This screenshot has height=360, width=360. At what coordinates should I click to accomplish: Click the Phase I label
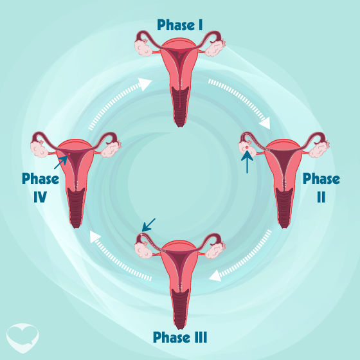pyautogui.click(x=180, y=25)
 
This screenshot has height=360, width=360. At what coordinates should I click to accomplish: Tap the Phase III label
pyautogui.click(x=180, y=337)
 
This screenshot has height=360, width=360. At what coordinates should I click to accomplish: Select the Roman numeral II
pyautogui.click(x=321, y=197)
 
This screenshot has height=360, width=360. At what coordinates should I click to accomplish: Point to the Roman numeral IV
pyautogui.click(x=40, y=197)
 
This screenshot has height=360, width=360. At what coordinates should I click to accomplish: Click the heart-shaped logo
pyautogui.click(x=22, y=337)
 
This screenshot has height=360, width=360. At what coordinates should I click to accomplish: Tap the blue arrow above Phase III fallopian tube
pyautogui.click(x=148, y=225)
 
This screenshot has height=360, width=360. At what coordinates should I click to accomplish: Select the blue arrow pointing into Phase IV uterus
pyautogui.click(x=60, y=162)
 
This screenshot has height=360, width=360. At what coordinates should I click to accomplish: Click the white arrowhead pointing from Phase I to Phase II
pyautogui.click(x=265, y=123)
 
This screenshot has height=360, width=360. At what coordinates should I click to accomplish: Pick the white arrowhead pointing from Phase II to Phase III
pyautogui.click(x=215, y=276)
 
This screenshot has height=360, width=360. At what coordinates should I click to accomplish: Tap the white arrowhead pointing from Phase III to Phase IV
pyautogui.click(x=95, y=237)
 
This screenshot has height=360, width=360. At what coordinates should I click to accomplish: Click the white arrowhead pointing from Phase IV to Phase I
pyautogui.click(x=145, y=84)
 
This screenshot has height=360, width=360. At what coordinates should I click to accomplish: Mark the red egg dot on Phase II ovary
pyautogui.click(x=247, y=147)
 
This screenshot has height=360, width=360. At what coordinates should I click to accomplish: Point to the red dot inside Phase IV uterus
pyautogui.click(x=69, y=154)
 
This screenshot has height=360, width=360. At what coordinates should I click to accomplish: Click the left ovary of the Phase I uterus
pyautogui.click(x=143, y=48)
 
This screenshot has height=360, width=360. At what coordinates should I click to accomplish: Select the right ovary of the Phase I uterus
pyautogui.click(x=215, y=48)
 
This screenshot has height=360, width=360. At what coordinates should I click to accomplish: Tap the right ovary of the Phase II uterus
pyautogui.click(x=319, y=149)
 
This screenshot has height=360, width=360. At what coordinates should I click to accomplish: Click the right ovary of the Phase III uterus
pyautogui.click(x=215, y=250)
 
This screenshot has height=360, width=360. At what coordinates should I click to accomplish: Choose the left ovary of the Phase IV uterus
pyautogui.click(x=39, y=148)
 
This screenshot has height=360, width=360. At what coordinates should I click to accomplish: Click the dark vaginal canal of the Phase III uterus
pyautogui.click(x=180, y=309)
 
